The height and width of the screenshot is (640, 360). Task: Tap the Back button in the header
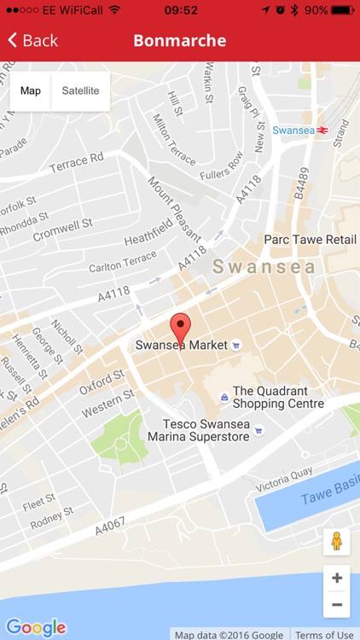(x=32, y=41)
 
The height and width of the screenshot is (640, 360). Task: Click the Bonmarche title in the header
(x=180, y=41)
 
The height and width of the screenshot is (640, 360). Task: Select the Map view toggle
(x=31, y=91)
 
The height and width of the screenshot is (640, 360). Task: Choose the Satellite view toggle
(x=80, y=91)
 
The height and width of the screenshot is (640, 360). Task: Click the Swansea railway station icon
(x=322, y=130)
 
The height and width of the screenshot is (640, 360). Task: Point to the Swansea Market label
(x=182, y=346)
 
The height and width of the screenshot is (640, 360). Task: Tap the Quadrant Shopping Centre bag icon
(x=224, y=397)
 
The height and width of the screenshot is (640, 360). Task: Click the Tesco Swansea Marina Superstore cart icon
(x=264, y=431)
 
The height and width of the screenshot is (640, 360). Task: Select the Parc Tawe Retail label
(x=311, y=240)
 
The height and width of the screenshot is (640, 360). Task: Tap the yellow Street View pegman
(x=336, y=541)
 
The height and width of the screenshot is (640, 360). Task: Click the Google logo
(x=35, y=627)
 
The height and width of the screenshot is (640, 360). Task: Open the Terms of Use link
(x=325, y=634)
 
